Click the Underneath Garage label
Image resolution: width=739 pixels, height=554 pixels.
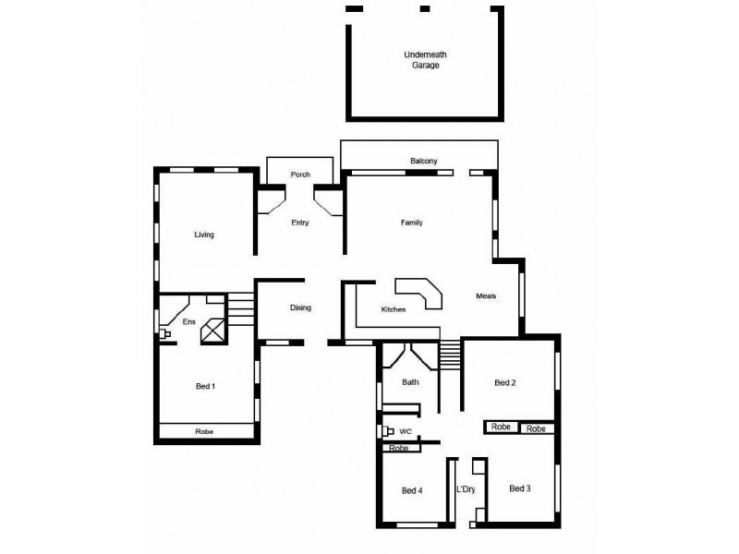tap(425, 61)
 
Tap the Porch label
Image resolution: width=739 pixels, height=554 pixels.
tap(300, 175)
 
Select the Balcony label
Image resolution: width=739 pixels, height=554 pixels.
tap(424, 161)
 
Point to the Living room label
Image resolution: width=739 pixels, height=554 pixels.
tap(204, 235)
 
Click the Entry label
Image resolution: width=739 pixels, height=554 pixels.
tap(300, 223)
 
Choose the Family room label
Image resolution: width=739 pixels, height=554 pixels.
tap(412, 223)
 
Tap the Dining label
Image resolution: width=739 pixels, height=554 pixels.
tap(300, 308)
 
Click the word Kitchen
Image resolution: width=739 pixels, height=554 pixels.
tap(394, 309)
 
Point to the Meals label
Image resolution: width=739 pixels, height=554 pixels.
tap(486, 295)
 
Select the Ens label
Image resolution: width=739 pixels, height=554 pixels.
tap(188, 321)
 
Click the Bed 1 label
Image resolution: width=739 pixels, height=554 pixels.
tap(205, 386)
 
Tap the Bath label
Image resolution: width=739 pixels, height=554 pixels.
tap(411, 381)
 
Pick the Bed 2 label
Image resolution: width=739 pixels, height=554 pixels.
tap(504, 382)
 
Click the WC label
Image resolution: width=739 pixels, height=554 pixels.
tap(405, 431)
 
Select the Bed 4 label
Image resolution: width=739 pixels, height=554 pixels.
tap(412, 490)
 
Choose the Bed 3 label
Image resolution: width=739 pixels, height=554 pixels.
tap(519, 488)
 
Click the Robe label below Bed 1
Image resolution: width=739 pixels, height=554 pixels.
tap(204, 432)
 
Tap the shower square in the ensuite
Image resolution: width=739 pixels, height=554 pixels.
tap(214, 331)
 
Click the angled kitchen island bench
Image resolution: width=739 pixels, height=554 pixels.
tap(422, 295)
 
